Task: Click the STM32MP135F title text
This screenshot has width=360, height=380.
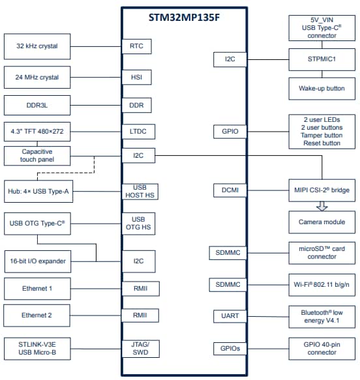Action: pos(183,18)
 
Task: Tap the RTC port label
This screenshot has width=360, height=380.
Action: pos(136,46)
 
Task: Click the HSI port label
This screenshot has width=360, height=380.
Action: pos(136,78)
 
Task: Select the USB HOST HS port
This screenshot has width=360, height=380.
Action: pos(140,192)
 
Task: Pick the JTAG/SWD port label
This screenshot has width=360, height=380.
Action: pos(140,349)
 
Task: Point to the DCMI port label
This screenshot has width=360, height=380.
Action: pos(230,190)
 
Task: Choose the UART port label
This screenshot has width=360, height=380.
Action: pos(230,316)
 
